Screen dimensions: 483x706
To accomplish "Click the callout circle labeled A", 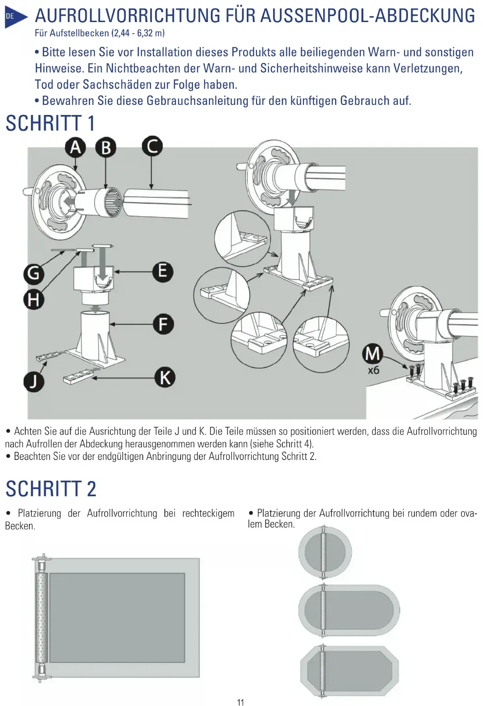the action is (x=76, y=148).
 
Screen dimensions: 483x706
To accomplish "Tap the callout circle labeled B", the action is (x=106, y=148).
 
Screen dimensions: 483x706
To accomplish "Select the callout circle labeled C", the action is (x=152, y=146).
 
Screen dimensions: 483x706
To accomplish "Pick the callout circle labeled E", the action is (x=163, y=271).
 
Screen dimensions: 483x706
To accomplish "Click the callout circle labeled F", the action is (x=163, y=324).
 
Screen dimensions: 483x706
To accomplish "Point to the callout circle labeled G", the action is (x=34, y=274).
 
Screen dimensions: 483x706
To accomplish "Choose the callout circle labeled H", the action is (x=34, y=300).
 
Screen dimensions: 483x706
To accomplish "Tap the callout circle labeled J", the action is (x=34, y=382).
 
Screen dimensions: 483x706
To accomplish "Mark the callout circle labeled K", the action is (x=164, y=378).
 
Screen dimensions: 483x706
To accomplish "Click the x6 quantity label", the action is (x=373, y=370).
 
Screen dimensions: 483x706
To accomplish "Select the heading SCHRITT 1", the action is (x=50, y=123).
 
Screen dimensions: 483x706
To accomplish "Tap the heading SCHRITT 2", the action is (x=51, y=489).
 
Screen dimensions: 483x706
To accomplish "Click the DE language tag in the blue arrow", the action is (x=10, y=17).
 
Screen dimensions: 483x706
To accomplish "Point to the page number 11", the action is (x=240, y=702).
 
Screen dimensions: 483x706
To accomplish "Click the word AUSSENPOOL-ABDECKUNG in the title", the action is (x=367, y=16).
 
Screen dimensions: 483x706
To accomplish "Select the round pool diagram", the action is (x=325, y=552).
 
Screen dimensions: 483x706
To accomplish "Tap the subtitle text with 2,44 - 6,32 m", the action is (x=99, y=33).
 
